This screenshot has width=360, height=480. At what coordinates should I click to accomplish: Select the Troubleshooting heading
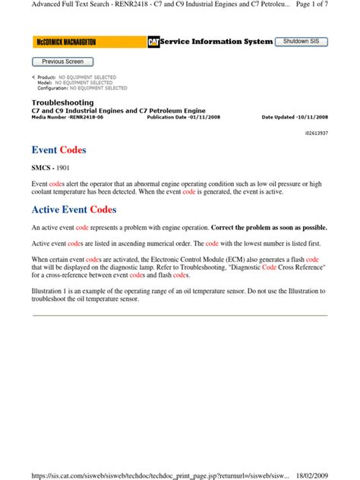(x=62, y=102)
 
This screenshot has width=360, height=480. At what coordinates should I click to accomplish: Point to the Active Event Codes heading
(x=74, y=210)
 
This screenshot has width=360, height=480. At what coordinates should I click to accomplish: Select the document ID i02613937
(x=313, y=132)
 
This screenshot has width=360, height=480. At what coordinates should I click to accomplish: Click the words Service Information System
(x=215, y=42)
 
